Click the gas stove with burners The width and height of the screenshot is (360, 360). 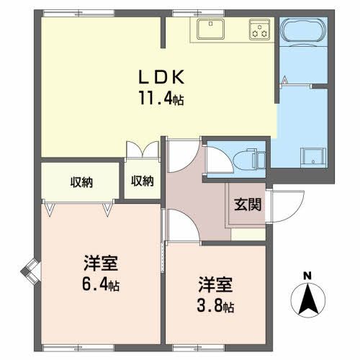[259, 30]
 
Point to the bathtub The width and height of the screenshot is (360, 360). [302, 30]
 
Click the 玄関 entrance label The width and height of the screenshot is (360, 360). [247, 204]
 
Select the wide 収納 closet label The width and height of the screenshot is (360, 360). [81, 181]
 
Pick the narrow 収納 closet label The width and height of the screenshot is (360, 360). [142, 181]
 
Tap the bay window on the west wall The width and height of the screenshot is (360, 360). [30, 271]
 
